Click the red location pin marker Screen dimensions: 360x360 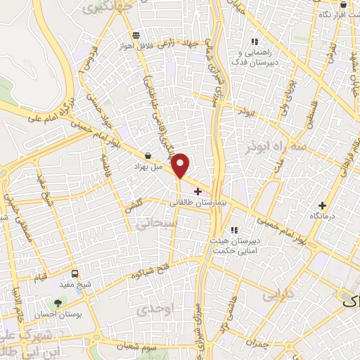click(x=181, y=165)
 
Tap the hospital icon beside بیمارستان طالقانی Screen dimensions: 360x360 click(x=198, y=191)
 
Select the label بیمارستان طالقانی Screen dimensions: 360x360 click(x=199, y=202)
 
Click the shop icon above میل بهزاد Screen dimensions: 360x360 click(x=148, y=155)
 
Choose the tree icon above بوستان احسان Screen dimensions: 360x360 click(x=58, y=303)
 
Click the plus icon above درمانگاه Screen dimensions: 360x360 click(x=323, y=205)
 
